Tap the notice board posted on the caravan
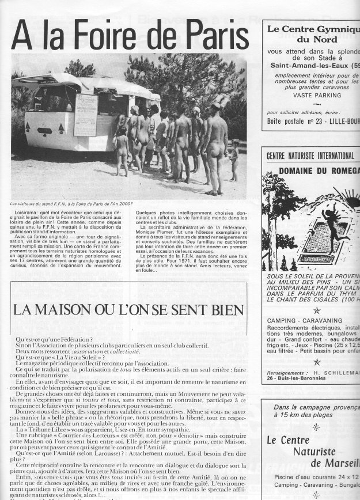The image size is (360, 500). pyautogui.click(x=85, y=115)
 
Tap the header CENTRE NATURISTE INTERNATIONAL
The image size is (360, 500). pyautogui.click(x=310, y=156)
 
